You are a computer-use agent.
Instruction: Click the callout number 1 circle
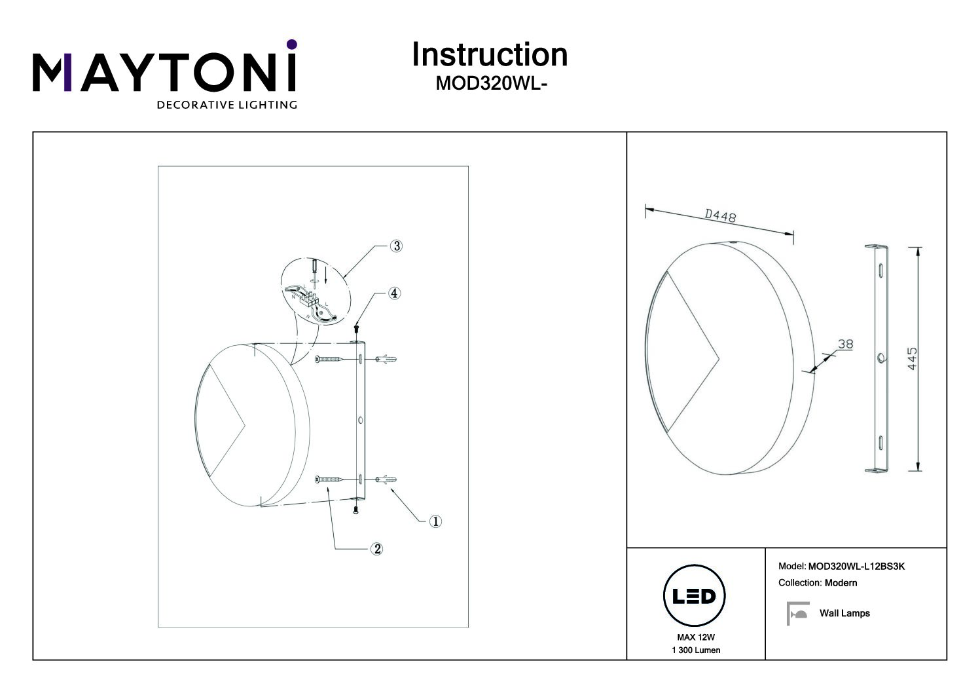(435, 521)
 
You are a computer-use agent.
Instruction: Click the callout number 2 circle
(376, 549)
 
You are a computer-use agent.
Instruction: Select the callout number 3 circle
(396, 246)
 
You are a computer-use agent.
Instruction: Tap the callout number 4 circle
(394, 293)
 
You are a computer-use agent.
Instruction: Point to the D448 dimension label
(720, 215)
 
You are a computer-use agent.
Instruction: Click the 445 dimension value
(912, 358)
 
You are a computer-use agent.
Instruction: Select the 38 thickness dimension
(845, 344)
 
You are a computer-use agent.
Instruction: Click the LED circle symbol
(695, 596)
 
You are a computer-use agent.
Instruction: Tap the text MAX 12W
(696, 637)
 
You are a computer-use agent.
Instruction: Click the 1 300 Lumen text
(696, 650)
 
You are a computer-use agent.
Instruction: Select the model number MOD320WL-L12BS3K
(856, 566)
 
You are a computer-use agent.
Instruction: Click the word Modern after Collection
(841, 583)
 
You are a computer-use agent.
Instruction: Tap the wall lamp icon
(797, 613)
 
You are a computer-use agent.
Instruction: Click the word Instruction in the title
(490, 55)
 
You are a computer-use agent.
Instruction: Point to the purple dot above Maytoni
(292, 45)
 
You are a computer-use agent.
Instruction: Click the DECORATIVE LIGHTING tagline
(227, 105)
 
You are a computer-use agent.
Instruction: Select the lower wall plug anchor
(386, 479)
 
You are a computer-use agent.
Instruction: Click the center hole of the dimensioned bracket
(881, 358)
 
